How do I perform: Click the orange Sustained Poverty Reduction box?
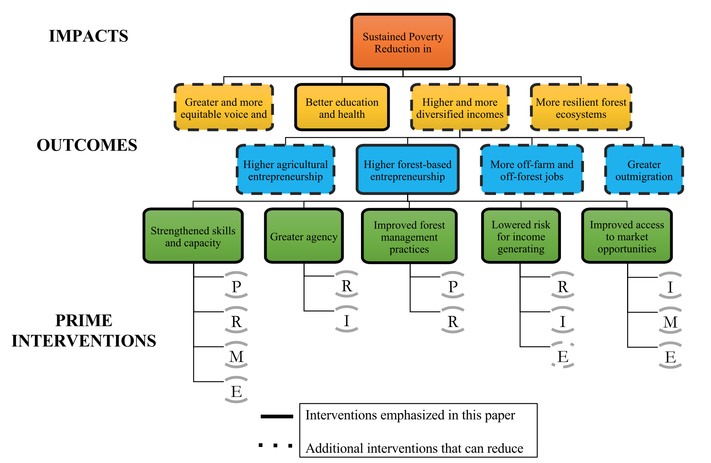(403, 42)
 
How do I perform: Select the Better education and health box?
(342, 108)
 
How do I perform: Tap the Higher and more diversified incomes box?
(460, 108)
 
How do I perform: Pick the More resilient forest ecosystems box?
(581, 108)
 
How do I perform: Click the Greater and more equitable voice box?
(223, 108)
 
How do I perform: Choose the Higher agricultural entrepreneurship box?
(285, 170)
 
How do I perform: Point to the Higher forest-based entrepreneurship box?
(407, 170)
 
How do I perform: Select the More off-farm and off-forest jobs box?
(532, 170)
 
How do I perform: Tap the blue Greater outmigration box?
(644, 170)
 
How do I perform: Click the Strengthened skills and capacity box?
(193, 236)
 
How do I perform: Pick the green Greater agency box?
(304, 236)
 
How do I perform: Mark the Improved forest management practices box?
(409, 236)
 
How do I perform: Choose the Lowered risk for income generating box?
(521, 236)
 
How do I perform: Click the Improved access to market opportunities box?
(627, 236)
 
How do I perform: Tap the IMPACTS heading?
(88, 36)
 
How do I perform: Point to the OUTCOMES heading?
(87, 145)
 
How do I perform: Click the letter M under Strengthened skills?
(236, 357)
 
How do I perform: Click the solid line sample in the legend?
(277, 416)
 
